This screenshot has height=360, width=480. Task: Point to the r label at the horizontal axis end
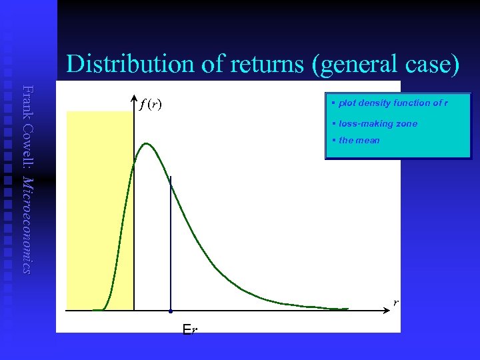[395, 303]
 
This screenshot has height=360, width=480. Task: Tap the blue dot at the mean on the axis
[171, 311]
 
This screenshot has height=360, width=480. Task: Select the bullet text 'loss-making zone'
[378, 124]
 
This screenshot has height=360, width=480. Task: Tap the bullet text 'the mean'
[359, 140]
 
